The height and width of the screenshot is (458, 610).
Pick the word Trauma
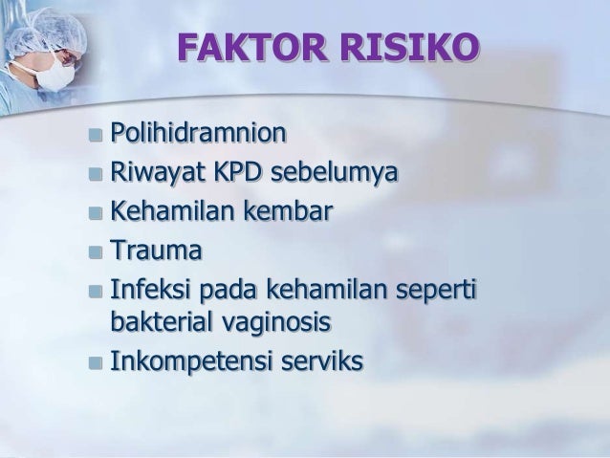tap(157, 251)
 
